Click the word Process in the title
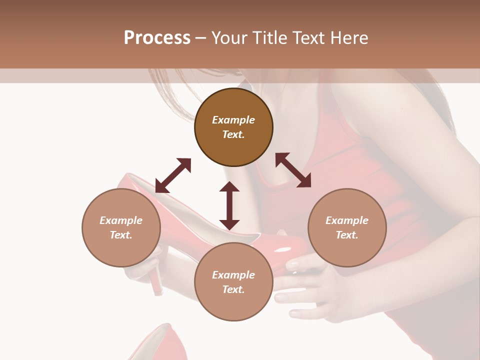(x=157, y=38)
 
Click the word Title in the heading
(x=270, y=38)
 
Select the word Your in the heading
(x=228, y=38)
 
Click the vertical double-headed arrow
(x=229, y=205)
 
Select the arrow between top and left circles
(x=173, y=175)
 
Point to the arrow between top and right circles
(x=293, y=170)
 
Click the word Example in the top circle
(x=233, y=120)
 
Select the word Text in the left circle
(x=120, y=235)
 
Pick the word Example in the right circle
(x=347, y=220)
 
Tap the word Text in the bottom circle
(x=233, y=289)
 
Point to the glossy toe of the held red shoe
(x=287, y=247)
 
